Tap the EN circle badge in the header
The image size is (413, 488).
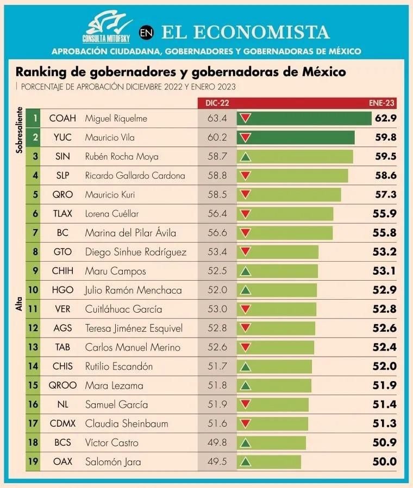tap(146, 33)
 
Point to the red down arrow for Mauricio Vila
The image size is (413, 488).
tap(246, 137)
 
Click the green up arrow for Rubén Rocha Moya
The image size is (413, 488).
tap(246, 157)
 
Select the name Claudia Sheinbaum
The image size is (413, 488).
tap(127, 423)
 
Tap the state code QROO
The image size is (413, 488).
tap(62, 385)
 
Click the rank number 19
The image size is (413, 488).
tap(33, 462)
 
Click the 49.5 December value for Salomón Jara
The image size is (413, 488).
tap(217, 462)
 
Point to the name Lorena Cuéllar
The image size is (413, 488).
tap(111, 214)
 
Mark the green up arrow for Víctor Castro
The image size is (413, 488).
tap(246, 443)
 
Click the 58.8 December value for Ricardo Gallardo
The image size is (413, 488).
tap(217, 175)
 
